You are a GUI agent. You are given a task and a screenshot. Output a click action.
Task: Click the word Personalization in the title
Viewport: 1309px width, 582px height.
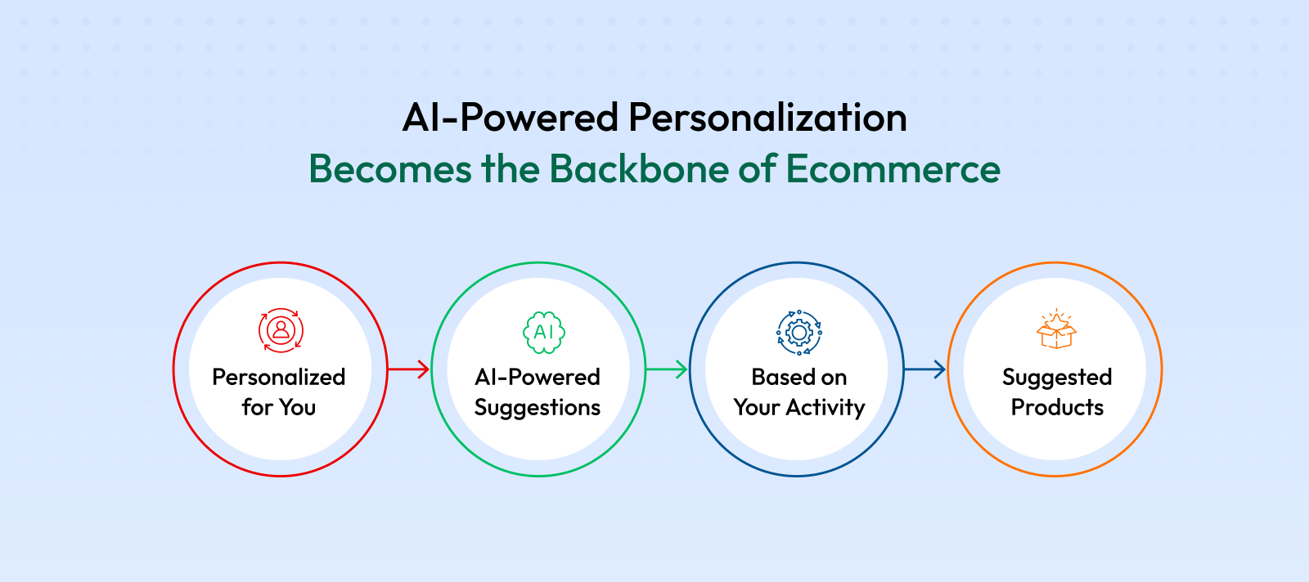coord(767,118)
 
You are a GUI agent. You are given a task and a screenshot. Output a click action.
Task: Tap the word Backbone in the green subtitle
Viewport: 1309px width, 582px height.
coord(639,168)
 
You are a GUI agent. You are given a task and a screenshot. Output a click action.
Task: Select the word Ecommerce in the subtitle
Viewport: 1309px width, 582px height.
coord(893,168)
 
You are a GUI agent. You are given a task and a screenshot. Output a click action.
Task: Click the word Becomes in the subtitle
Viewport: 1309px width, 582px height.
coord(389,168)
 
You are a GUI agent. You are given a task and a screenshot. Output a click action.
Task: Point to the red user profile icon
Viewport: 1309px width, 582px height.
coord(281,330)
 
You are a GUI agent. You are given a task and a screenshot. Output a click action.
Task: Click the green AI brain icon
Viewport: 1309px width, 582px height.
coord(544,332)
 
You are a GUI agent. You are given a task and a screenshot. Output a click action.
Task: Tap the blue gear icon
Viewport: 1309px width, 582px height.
coord(798,332)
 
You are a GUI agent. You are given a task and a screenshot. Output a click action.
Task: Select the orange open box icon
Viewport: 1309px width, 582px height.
coord(1056,329)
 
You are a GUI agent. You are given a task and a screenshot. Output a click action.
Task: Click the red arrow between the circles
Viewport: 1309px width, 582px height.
coord(408,369)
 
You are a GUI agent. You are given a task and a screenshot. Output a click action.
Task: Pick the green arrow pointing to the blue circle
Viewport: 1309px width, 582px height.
coord(667,369)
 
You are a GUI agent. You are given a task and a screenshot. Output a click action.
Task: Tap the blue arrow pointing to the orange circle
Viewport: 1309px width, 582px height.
coord(924,369)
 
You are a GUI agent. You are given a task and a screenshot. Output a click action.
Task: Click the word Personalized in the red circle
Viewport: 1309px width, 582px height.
coord(279,377)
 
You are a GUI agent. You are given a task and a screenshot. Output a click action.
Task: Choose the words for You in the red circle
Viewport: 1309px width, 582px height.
coord(279,407)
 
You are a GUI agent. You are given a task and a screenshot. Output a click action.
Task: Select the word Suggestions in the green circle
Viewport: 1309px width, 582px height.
coord(538,407)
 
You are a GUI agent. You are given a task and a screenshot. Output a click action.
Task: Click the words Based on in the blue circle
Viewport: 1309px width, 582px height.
coord(798,377)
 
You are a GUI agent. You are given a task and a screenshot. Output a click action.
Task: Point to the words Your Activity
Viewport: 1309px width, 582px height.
coord(798,407)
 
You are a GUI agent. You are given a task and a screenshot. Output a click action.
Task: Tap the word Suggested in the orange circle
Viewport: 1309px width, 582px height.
coord(1057,378)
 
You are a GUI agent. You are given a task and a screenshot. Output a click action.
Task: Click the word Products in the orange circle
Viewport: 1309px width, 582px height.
coord(1057,407)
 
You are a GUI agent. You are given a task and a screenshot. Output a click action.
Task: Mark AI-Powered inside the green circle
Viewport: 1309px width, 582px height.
coord(538,377)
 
